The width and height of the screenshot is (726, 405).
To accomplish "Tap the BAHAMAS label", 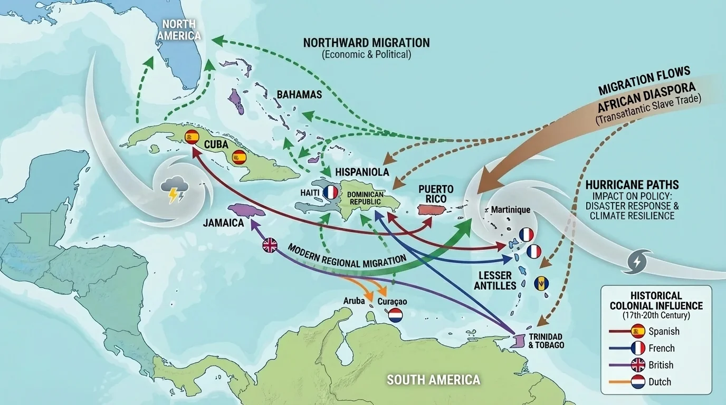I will click(x=299, y=95).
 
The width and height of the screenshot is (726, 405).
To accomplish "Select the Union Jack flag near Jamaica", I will click(x=270, y=245).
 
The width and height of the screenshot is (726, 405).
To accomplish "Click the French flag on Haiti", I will click(x=330, y=192).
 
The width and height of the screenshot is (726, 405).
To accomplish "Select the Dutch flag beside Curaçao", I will click(x=395, y=315).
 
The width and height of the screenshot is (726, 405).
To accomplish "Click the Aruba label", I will click(x=354, y=301).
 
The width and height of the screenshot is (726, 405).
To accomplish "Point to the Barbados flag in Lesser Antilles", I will click(x=541, y=284).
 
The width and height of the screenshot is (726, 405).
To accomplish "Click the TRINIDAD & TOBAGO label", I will click(x=546, y=341).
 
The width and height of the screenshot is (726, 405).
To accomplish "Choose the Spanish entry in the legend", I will click(x=663, y=331).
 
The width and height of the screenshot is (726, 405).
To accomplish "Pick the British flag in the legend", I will click(x=638, y=365).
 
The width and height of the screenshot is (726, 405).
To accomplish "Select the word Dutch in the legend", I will click(x=660, y=381).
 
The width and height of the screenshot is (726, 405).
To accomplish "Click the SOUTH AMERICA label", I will click(x=433, y=379).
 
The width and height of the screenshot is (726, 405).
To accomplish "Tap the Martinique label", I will click(x=510, y=210).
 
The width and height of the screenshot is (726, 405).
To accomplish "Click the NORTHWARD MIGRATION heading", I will click(x=366, y=42).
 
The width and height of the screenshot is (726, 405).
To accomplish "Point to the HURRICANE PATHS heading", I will click(x=632, y=185).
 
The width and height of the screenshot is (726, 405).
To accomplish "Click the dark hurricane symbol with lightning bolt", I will click(x=637, y=262).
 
